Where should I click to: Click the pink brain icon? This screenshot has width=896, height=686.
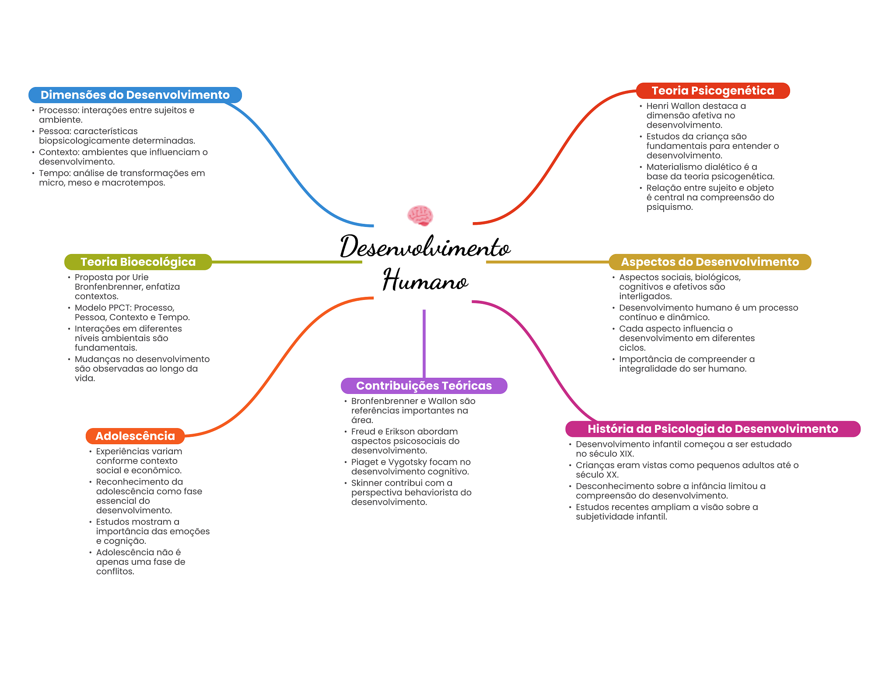click(420, 216)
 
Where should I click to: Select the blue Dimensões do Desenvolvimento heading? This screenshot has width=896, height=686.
click(135, 95)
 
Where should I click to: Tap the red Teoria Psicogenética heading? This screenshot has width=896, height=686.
click(713, 91)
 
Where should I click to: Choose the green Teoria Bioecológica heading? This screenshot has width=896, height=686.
click(138, 262)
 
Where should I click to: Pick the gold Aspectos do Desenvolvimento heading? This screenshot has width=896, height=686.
click(710, 262)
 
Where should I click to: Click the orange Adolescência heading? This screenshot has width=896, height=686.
click(135, 436)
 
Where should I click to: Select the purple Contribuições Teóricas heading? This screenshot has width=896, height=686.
click(423, 386)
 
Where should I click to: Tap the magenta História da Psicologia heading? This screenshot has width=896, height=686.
click(713, 429)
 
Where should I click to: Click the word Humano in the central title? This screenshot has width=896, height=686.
click(425, 280)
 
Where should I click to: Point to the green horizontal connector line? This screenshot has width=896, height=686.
click(287, 262)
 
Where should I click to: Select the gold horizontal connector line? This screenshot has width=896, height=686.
click(547, 262)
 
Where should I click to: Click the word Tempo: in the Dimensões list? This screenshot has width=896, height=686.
click(55, 173)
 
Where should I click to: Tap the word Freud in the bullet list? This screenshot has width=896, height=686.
click(363, 432)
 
